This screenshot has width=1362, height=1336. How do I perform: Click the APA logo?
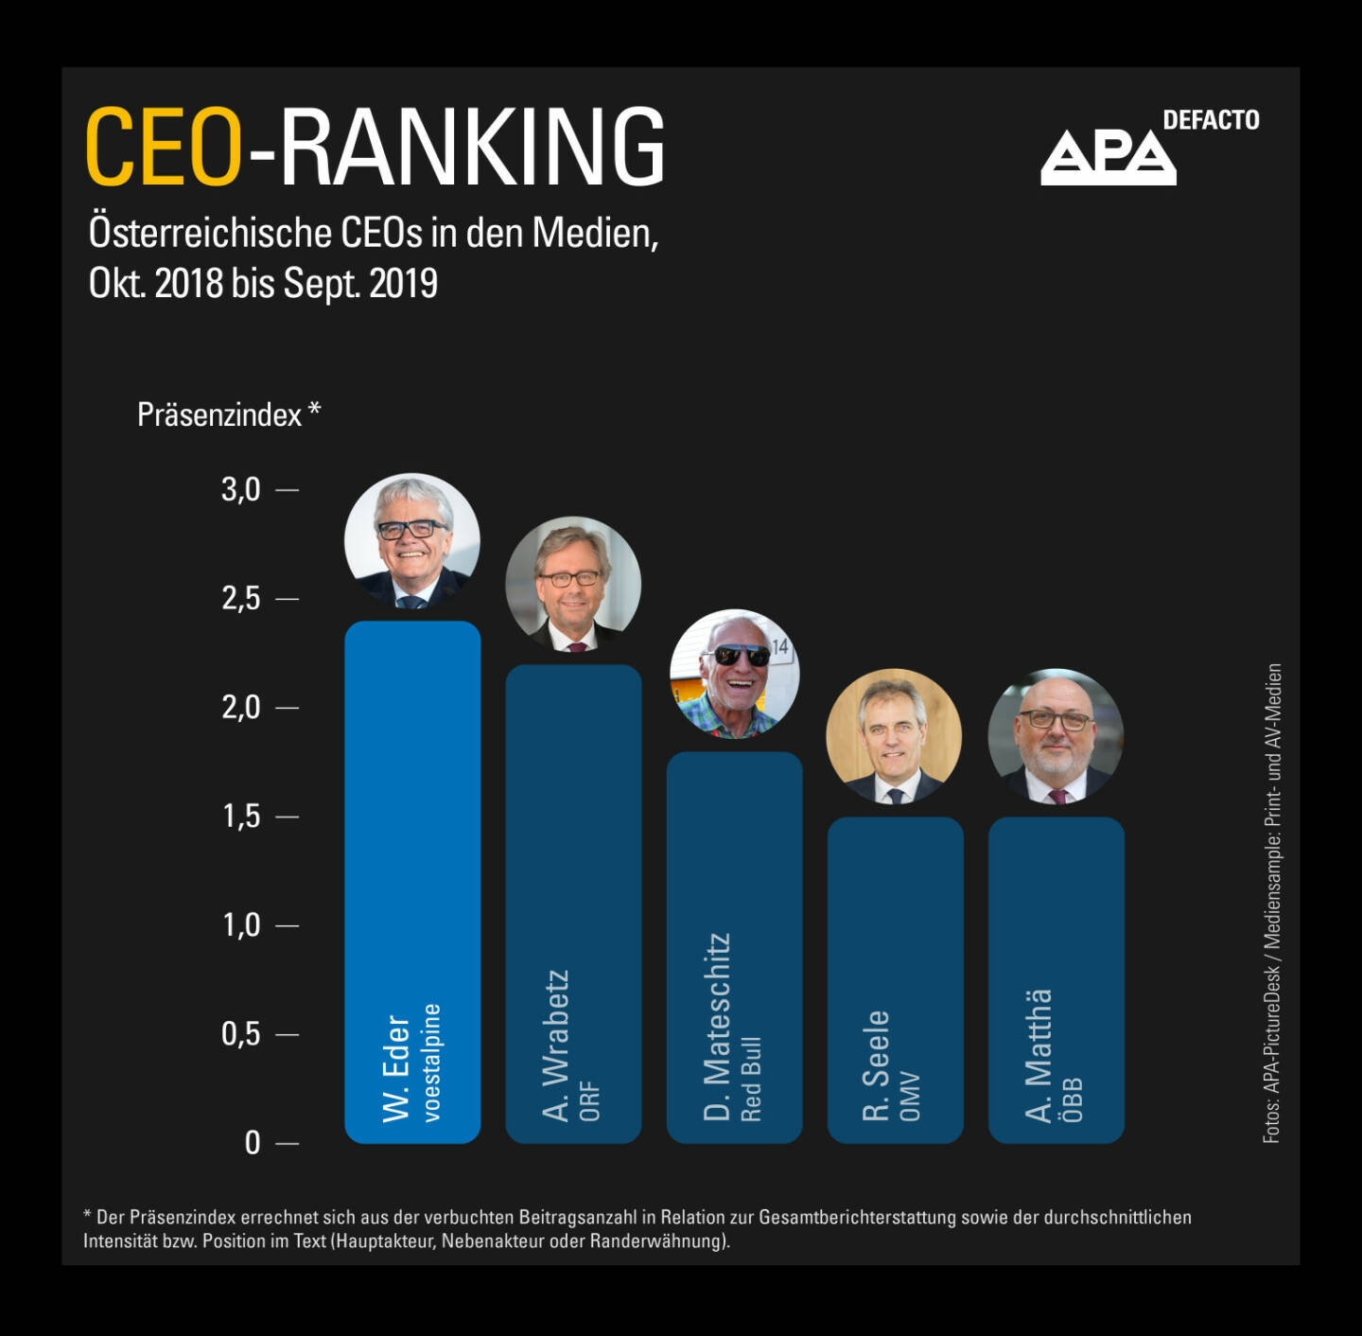[x=1108, y=157]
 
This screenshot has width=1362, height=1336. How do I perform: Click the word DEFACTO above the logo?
[x=1211, y=120]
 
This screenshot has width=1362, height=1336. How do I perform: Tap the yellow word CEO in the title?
[x=165, y=147]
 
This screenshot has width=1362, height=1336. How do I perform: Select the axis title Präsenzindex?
[x=219, y=415]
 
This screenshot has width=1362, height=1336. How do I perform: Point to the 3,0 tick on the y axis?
[x=241, y=490]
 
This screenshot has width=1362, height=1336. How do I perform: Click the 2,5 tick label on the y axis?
[x=241, y=599]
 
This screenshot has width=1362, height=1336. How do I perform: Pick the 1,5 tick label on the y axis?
[x=241, y=817]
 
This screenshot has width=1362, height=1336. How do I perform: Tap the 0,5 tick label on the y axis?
[x=241, y=1034]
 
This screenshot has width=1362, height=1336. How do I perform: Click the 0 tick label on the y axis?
[x=253, y=1143]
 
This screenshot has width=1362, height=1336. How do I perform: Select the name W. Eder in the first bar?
[x=396, y=1069]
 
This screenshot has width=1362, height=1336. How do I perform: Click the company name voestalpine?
[x=432, y=1063]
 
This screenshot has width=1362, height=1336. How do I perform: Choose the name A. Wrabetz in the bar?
[x=556, y=1046]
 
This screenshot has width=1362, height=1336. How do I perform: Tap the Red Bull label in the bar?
[x=751, y=1080]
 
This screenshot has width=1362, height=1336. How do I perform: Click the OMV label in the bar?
[x=910, y=1097]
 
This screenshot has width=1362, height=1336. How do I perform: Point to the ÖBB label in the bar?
[x=1072, y=1100]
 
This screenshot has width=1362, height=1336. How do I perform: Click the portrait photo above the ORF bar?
[x=573, y=584]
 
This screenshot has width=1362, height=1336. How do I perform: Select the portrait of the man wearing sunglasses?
[x=735, y=674]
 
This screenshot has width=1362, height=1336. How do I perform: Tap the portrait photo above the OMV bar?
[x=894, y=736]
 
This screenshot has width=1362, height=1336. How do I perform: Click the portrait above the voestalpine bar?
[x=412, y=541]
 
